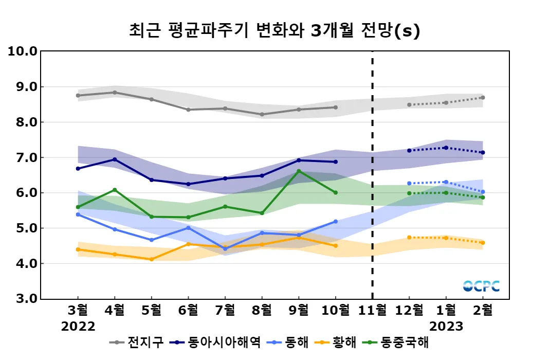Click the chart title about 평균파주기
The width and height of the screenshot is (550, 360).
point(274,31)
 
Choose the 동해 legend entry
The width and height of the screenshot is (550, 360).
point(291,343)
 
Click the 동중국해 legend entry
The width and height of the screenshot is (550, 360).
point(396,343)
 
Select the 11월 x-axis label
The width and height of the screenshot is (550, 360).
point(372,311)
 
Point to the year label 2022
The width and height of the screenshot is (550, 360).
point(78,327)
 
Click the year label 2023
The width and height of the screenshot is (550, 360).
point(446,327)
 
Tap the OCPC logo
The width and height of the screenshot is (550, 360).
point(481,286)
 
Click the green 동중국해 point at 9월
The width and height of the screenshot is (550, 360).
point(299,171)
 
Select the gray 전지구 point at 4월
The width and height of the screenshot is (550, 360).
point(115,93)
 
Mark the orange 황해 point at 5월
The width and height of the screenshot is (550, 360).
point(151,259)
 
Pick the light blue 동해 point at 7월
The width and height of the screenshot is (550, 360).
point(225,249)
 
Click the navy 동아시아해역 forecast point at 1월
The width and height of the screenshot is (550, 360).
point(446,148)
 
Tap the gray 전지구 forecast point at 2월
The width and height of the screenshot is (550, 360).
point(483,98)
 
